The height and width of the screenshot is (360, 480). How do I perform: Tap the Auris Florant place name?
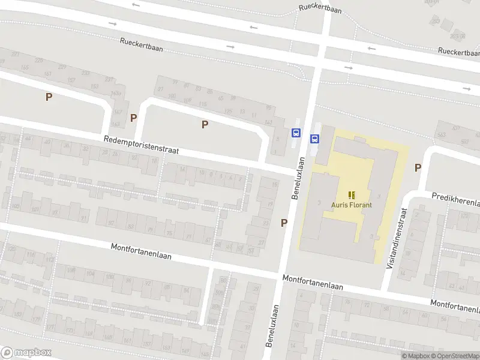point(352,205)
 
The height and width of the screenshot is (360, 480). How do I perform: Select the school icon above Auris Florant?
point(352,194)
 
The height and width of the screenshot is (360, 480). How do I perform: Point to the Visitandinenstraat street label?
point(398,238)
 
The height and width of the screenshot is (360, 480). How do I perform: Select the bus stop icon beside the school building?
point(314,139)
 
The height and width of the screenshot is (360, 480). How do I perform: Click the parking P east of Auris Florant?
point(418,168)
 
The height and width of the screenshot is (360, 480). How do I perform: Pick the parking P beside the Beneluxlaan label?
point(284,223)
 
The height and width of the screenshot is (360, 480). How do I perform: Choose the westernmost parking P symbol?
point(49,96)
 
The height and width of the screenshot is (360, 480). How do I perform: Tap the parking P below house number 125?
point(205,124)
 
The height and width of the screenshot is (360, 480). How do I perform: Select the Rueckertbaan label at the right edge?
point(460,53)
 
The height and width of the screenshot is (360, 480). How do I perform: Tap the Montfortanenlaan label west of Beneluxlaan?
point(141,251)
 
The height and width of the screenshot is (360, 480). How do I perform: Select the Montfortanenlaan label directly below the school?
point(313,283)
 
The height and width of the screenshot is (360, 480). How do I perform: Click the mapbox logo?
point(26,353)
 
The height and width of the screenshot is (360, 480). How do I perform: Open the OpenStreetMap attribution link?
point(456,356)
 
